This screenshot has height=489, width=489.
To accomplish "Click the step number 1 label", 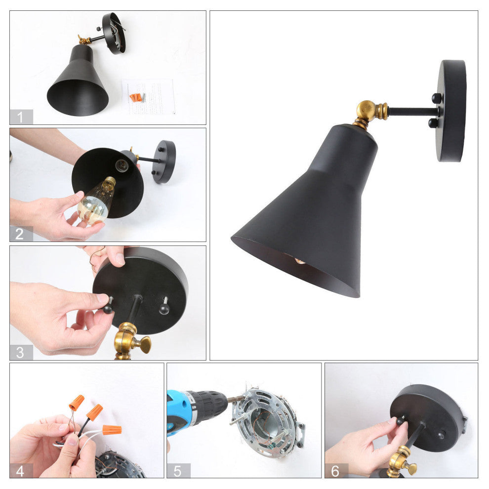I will point(21,117).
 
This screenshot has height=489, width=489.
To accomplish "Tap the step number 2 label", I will point(21,234).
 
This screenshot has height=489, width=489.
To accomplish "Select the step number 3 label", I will point(21,352).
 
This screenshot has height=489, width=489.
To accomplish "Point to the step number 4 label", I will point(21,471).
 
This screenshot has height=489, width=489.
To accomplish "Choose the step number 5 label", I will point(178,471).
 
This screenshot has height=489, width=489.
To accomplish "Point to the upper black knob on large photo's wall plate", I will point(436,98).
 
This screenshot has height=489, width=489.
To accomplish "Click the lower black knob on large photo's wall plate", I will point(433,122).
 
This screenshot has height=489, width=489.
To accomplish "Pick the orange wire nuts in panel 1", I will point(137,97).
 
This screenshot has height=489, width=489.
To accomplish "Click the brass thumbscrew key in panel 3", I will point(144,344).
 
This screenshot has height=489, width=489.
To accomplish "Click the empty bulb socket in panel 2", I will point(122,165).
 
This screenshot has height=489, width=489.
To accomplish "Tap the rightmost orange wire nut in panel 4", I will point(112,430).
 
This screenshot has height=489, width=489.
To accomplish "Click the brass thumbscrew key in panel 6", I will point(410,467).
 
